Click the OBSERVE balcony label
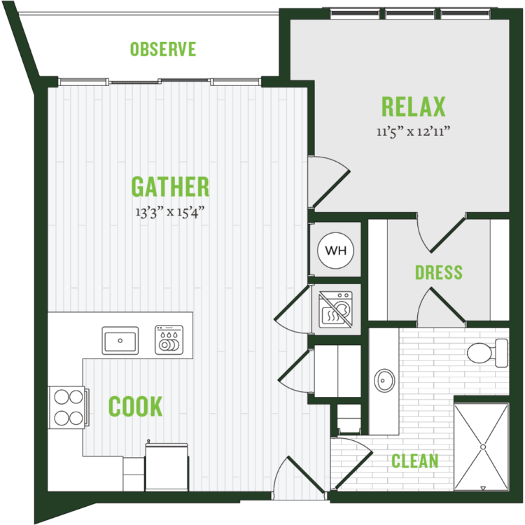[x=162, y=49]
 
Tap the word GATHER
[x=170, y=186]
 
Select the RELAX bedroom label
[x=414, y=106]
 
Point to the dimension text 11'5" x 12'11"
[x=413, y=132]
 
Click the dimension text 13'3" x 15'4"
[x=170, y=212]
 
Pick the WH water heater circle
[x=335, y=251]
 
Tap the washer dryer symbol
[x=335, y=309]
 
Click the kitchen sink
[x=120, y=340]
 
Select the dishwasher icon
[x=169, y=339]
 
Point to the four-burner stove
[x=69, y=407]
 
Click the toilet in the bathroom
[x=487, y=353]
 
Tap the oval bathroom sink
[x=384, y=380]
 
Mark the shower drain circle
[x=483, y=447]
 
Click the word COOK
[x=136, y=406]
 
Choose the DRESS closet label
[x=439, y=272]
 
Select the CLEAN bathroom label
[x=415, y=461]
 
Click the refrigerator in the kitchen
[x=167, y=466]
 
